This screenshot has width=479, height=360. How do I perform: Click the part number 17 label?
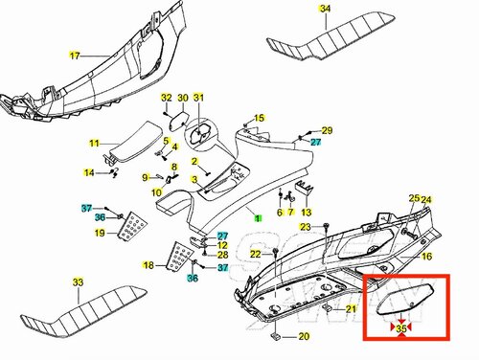tap(75, 56)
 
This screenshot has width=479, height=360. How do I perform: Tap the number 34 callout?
tap(325, 9)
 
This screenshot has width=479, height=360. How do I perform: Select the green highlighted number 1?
tap(258, 218)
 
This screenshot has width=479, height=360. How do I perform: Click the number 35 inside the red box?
tap(401, 328)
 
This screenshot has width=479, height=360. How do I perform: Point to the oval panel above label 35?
tap(405, 300)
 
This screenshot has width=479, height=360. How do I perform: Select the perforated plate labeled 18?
tap(179, 257)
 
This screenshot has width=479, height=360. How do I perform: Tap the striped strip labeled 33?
tap(83, 311)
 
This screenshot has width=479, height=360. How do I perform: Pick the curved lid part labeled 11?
tap(134, 141)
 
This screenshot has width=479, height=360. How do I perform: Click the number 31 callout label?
tap(198, 98)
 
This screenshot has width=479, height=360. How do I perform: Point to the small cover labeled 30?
tap(178, 121)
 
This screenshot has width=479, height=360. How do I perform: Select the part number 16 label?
tap(426, 256)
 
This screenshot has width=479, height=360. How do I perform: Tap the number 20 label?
tap(304, 336)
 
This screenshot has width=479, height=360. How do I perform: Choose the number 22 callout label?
tap(256, 254)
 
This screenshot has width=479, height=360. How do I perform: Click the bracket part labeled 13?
tap(303, 188)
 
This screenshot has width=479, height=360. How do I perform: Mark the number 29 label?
tap(327, 130)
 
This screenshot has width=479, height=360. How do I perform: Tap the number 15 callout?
tap(260, 118)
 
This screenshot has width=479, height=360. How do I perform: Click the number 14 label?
tap(89, 172)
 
